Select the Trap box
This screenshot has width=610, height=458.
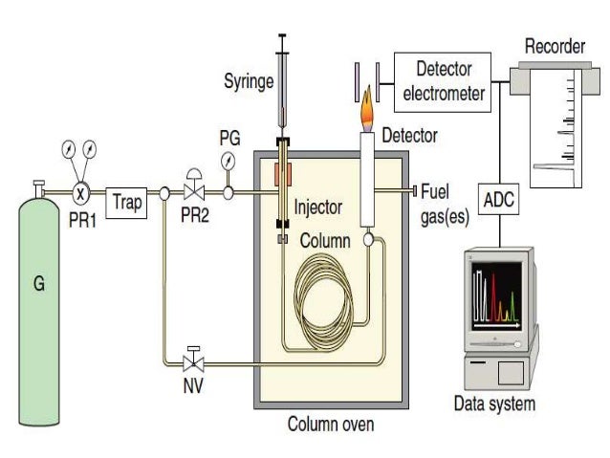[126, 202]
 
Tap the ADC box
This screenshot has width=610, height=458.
[499, 201]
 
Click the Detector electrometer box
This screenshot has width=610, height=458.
[449, 81]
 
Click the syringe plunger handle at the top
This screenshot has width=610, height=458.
[282, 37]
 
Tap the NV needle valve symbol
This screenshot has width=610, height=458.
[195, 361]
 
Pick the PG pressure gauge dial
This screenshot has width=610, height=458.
[229, 160]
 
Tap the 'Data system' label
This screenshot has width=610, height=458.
[494, 403]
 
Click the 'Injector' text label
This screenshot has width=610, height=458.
[317, 206]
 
